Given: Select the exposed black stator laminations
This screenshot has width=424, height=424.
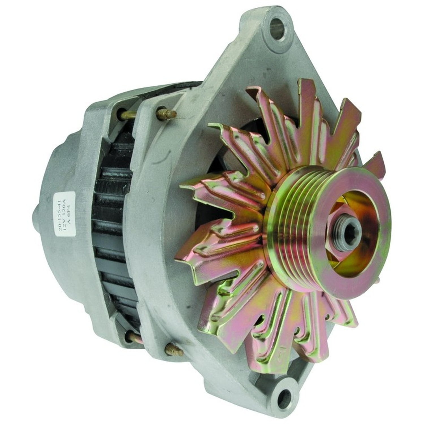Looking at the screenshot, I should coord(119,226).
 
